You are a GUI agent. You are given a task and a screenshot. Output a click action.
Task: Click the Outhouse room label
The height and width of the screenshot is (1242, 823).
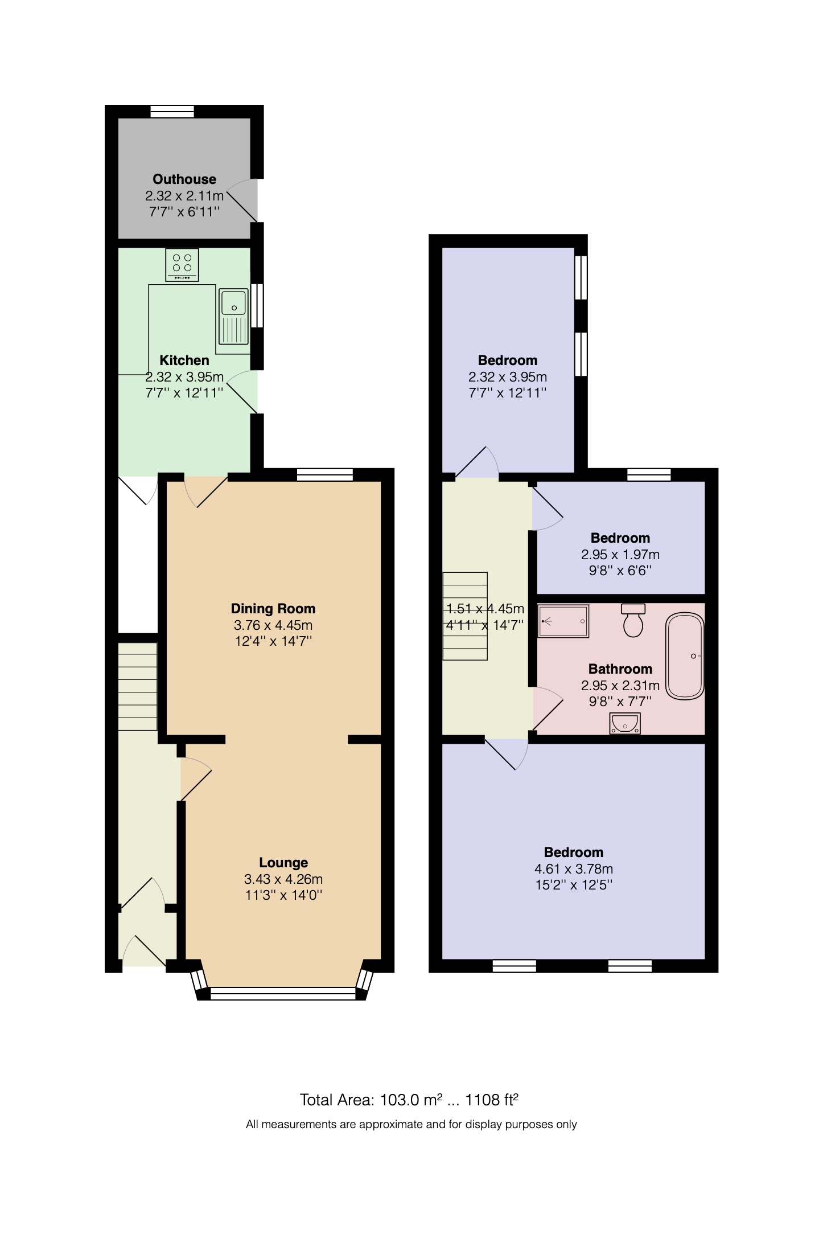pyautogui.click(x=184, y=179)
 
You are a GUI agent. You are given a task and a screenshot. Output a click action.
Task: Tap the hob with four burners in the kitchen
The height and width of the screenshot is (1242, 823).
pyautogui.click(x=182, y=265)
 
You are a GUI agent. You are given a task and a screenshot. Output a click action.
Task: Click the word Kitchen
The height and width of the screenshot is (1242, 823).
pyautogui.click(x=184, y=360)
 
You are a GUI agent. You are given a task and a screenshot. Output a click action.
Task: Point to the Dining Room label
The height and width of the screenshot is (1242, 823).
pyautogui.click(x=273, y=608)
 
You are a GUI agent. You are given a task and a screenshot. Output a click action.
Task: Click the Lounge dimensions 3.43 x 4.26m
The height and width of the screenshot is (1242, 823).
pyautogui.click(x=283, y=879)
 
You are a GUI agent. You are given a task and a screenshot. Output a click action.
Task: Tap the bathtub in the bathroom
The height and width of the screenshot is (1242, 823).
pyautogui.click(x=685, y=656)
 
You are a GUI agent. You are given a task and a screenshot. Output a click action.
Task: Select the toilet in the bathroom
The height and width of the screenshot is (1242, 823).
pyautogui.click(x=633, y=620)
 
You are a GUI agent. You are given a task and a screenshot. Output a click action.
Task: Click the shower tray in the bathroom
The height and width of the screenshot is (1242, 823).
pyautogui.click(x=563, y=621)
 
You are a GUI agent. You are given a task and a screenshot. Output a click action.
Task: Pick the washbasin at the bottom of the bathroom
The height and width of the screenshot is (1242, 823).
pyautogui.click(x=624, y=723)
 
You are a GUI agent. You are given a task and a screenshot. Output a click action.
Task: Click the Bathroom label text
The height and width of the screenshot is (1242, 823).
pyautogui.click(x=620, y=669)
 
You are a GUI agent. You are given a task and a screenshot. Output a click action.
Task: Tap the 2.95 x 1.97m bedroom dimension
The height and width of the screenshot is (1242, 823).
pyautogui.click(x=620, y=555)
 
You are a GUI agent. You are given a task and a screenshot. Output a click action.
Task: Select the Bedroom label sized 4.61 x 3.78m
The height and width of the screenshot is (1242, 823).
pyautogui.click(x=574, y=852)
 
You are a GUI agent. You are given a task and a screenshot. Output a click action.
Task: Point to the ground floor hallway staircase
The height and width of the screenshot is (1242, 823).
pyautogui.click(x=138, y=686)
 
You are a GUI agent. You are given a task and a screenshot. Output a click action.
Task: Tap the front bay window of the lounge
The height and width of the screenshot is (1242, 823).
pyautogui.click(x=283, y=994)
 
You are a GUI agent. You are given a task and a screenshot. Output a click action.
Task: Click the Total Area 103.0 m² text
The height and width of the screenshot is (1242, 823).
pyautogui.click(x=409, y=1100)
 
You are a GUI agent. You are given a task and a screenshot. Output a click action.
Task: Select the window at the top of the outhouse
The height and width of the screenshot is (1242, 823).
pyautogui.click(x=172, y=112)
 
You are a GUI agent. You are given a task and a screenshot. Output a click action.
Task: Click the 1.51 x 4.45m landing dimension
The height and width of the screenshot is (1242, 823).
pyautogui.click(x=485, y=609)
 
